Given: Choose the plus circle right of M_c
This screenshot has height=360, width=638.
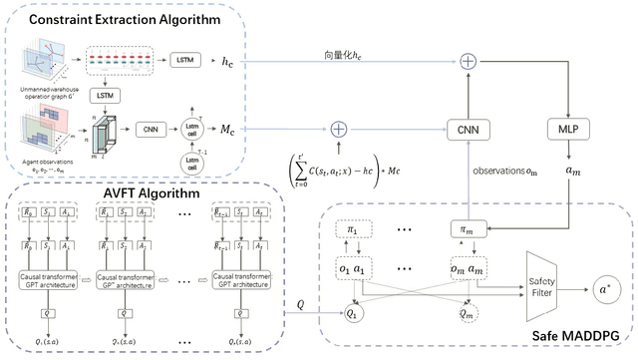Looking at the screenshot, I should click(338, 130).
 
